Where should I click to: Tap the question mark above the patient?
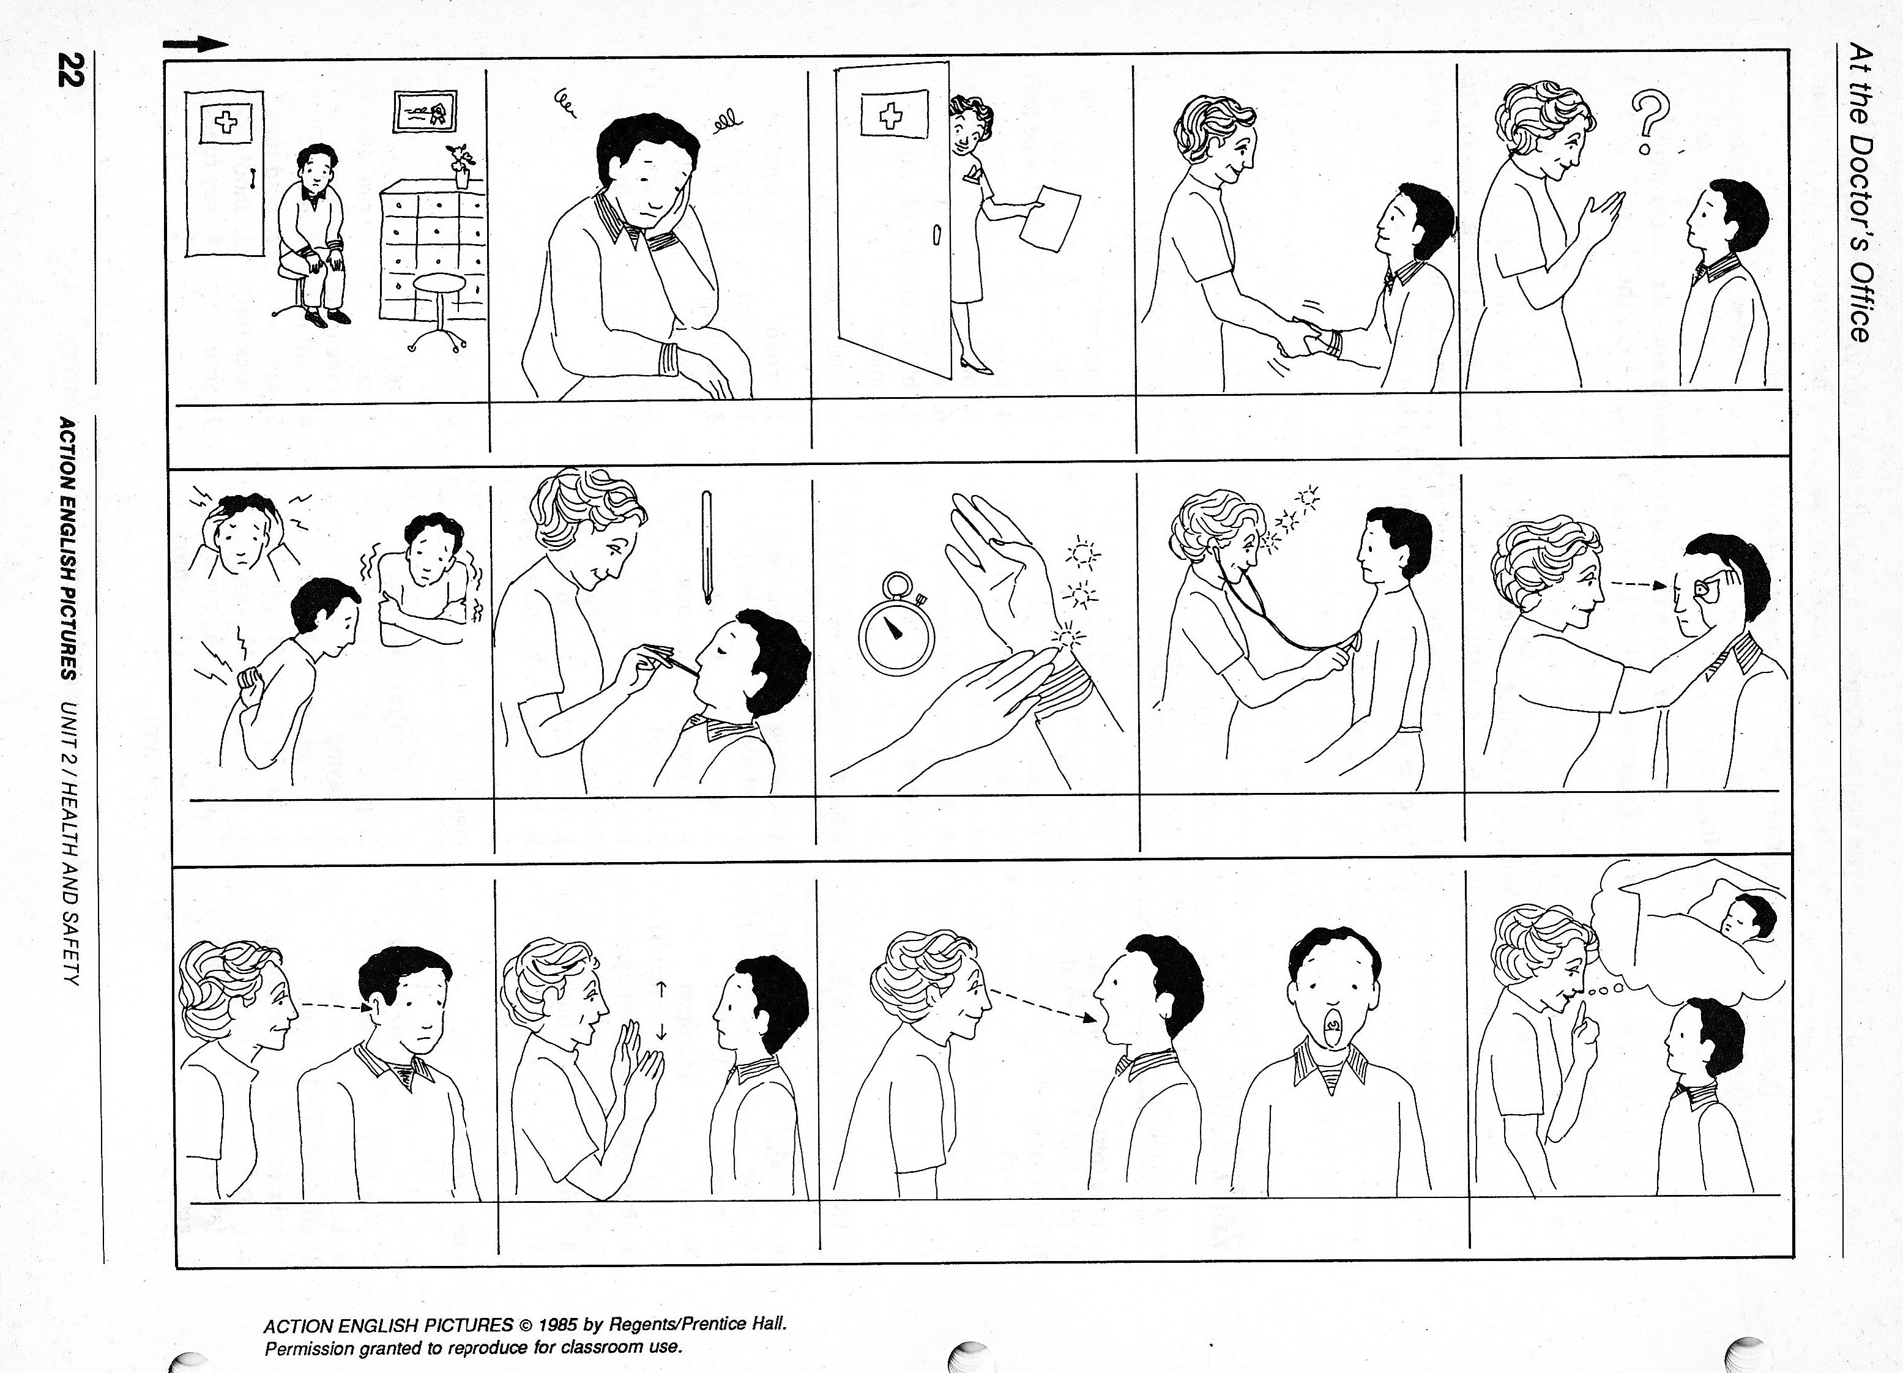pos(1650,122)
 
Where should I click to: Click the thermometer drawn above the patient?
pos(707,546)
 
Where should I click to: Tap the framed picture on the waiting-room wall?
pos(425,111)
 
